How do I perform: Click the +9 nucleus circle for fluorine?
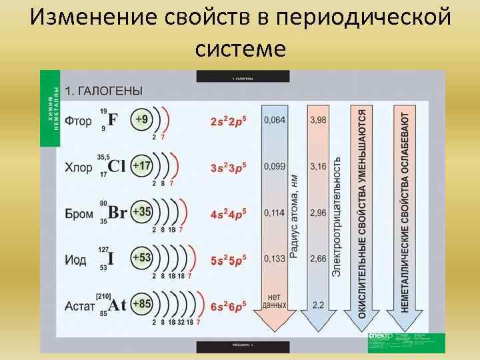click(141, 120)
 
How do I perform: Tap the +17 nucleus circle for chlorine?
click(141, 165)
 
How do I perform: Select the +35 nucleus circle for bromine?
click(141, 212)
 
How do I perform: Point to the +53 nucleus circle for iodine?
click(141, 258)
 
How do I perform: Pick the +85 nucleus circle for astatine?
click(141, 305)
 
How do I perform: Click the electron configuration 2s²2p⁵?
click(228, 121)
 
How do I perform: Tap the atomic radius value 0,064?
click(274, 120)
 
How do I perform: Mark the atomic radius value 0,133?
click(274, 259)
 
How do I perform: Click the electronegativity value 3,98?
click(319, 120)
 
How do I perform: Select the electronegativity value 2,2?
click(319, 305)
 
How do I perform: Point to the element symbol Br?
click(117, 213)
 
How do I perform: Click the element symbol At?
click(117, 305)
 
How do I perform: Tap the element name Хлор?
click(79, 167)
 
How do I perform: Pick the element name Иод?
click(75, 260)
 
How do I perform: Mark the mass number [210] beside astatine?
click(103, 295)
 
